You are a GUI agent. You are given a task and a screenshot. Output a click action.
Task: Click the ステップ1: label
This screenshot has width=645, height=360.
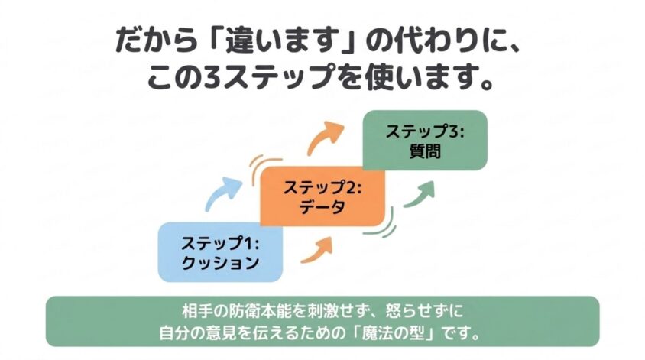pos(220,243)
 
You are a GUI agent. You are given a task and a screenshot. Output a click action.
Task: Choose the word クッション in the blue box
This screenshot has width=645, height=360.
pos(220,262)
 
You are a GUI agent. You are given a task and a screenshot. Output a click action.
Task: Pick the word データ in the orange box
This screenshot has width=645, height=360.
pos(322,206)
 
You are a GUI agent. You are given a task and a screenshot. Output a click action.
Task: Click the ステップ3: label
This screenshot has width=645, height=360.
pos(425,131)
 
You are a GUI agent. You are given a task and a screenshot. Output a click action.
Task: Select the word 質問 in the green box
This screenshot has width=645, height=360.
pos(425,151)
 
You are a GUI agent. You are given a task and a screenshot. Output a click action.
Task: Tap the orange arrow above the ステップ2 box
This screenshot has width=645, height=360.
pos(326,137)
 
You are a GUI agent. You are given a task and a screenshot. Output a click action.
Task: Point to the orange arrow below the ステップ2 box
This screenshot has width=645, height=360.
pos(319,250)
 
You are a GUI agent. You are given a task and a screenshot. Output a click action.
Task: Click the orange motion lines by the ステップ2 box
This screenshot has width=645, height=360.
pos(261,167)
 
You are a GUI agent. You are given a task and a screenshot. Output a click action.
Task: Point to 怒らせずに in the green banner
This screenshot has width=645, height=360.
pos(424,310)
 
